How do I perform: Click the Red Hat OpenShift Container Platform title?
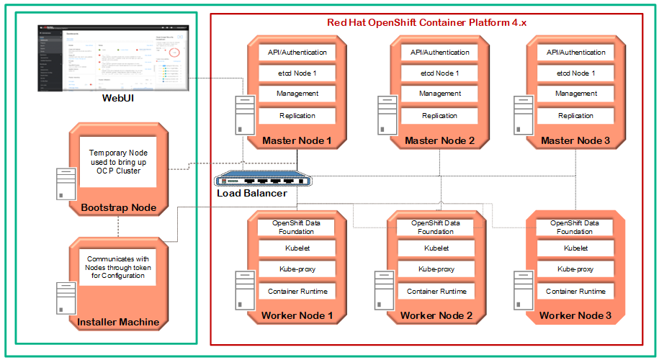[x=427, y=22]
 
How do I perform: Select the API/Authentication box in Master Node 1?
[x=297, y=53]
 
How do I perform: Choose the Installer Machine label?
[x=118, y=322]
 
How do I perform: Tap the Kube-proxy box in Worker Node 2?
[x=435, y=269]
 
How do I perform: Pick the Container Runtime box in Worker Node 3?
[x=575, y=291]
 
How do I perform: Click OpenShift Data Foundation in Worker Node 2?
[x=435, y=227]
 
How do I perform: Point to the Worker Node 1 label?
[x=297, y=316]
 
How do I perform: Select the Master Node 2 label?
[x=439, y=140]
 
